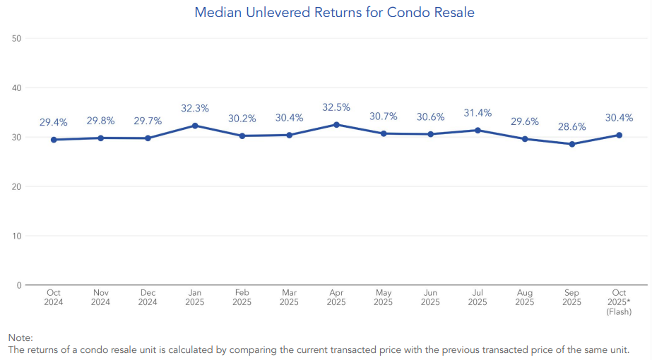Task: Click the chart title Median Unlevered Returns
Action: pos(334,13)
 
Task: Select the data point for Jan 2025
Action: pos(195,126)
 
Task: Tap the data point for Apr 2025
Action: pos(336,124)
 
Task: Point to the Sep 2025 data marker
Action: pos(571,144)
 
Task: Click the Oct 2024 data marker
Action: pos(54,140)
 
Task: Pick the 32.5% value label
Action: pos(336,107)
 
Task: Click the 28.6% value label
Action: pos(571,126)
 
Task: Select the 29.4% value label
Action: pos(54,122)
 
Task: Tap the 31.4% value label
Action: pos(478,113)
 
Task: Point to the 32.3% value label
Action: pos(195,108)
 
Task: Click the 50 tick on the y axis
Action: pos(18,38)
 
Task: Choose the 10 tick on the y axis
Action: pos(18,236)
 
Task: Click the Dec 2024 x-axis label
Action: pos(148,297)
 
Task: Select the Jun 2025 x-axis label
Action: pos(430,297)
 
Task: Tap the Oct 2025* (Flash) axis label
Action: pos(619,302)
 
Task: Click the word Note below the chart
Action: pos(20,338)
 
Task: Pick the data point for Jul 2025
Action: pos(478,130)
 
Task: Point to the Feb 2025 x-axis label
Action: pos(242,297)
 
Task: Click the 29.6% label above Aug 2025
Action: pos(525,121)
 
